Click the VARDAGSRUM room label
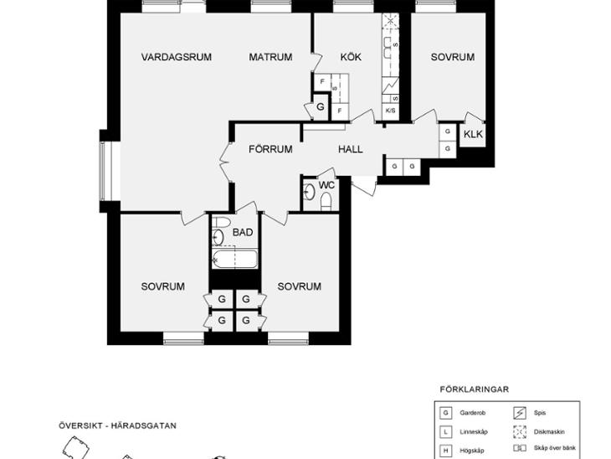(x=176, y=57)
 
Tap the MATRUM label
(x=270, y=57)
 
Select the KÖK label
(x=351, y=57)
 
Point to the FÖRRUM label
(x=270, y=149)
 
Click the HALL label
(x=351, y=149)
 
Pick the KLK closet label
(x=473, y=134)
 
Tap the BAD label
(x=243, y=232)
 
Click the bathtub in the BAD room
(x=234, y=259)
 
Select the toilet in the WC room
(x=326, y=202)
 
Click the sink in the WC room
(x=310, y=192)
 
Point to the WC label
(x=326, y=185)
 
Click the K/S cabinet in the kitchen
(x=390, y=111)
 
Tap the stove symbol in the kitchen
(x=390, y=85)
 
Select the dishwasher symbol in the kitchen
(x=391, y=22)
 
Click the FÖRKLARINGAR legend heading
(x=475, y=389)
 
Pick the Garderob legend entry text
(x=472, y=413)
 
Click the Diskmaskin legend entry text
(x=549, y=431)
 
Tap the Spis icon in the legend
(x=520, y=413)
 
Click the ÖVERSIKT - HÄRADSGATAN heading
(x=118, y=425)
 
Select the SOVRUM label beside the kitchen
(x=453, y=57)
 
